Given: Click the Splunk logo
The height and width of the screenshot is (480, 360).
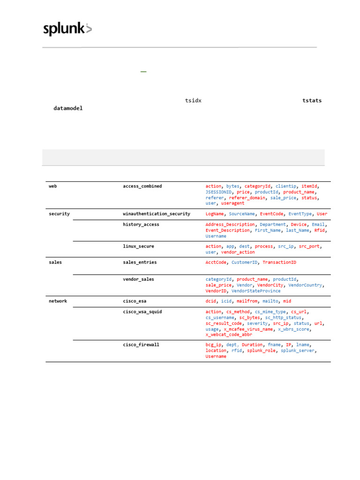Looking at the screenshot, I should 67,29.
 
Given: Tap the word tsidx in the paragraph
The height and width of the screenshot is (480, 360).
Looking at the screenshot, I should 193,101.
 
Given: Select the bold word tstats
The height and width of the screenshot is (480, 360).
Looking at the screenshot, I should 312,101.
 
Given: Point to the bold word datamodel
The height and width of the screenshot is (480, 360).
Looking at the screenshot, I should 68,108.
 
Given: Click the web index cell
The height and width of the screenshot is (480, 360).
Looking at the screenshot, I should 53,186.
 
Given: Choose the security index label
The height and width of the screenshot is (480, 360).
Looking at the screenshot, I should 59,214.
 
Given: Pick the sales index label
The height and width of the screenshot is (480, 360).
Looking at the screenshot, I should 55,262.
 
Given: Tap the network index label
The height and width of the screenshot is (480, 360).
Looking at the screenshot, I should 58,301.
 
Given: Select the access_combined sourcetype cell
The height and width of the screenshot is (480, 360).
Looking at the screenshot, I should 142,186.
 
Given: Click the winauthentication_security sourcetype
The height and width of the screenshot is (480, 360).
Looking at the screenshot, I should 157,214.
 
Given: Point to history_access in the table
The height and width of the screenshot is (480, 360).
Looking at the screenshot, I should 141,225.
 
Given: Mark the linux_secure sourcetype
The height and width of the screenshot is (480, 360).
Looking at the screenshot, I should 138,246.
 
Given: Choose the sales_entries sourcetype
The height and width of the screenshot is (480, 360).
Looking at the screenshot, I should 140,262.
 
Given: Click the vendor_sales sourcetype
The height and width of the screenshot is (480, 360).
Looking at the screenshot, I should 138,279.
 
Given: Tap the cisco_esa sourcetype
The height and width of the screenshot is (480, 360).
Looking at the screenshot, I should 135,301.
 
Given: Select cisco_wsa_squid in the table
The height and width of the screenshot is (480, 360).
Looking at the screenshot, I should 142,312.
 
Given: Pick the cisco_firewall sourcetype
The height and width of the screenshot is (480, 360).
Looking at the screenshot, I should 141,345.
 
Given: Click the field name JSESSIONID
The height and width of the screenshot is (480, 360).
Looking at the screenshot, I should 218,192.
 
